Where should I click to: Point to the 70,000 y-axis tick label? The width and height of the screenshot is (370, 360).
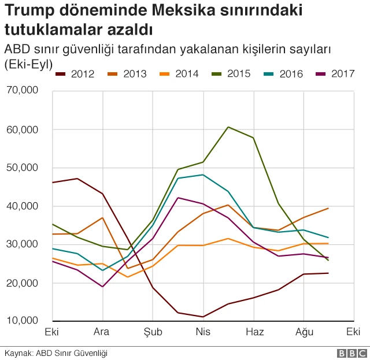(21, 91)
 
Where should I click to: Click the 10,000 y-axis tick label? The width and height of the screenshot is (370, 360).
(21, 321)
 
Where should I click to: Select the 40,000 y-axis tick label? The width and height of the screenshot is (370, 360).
(21, 206)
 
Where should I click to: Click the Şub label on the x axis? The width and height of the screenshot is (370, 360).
(153, 332)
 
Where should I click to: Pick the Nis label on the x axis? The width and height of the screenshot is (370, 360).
(203, 332)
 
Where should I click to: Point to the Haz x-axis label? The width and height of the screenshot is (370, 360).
(254, 332)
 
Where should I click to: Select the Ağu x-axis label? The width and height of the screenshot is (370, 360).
(304, 332)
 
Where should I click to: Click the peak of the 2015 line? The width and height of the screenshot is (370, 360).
(228, 127)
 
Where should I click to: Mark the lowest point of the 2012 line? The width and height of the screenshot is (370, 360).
(203, 317)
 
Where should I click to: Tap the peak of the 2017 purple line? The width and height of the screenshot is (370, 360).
(178, 198)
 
